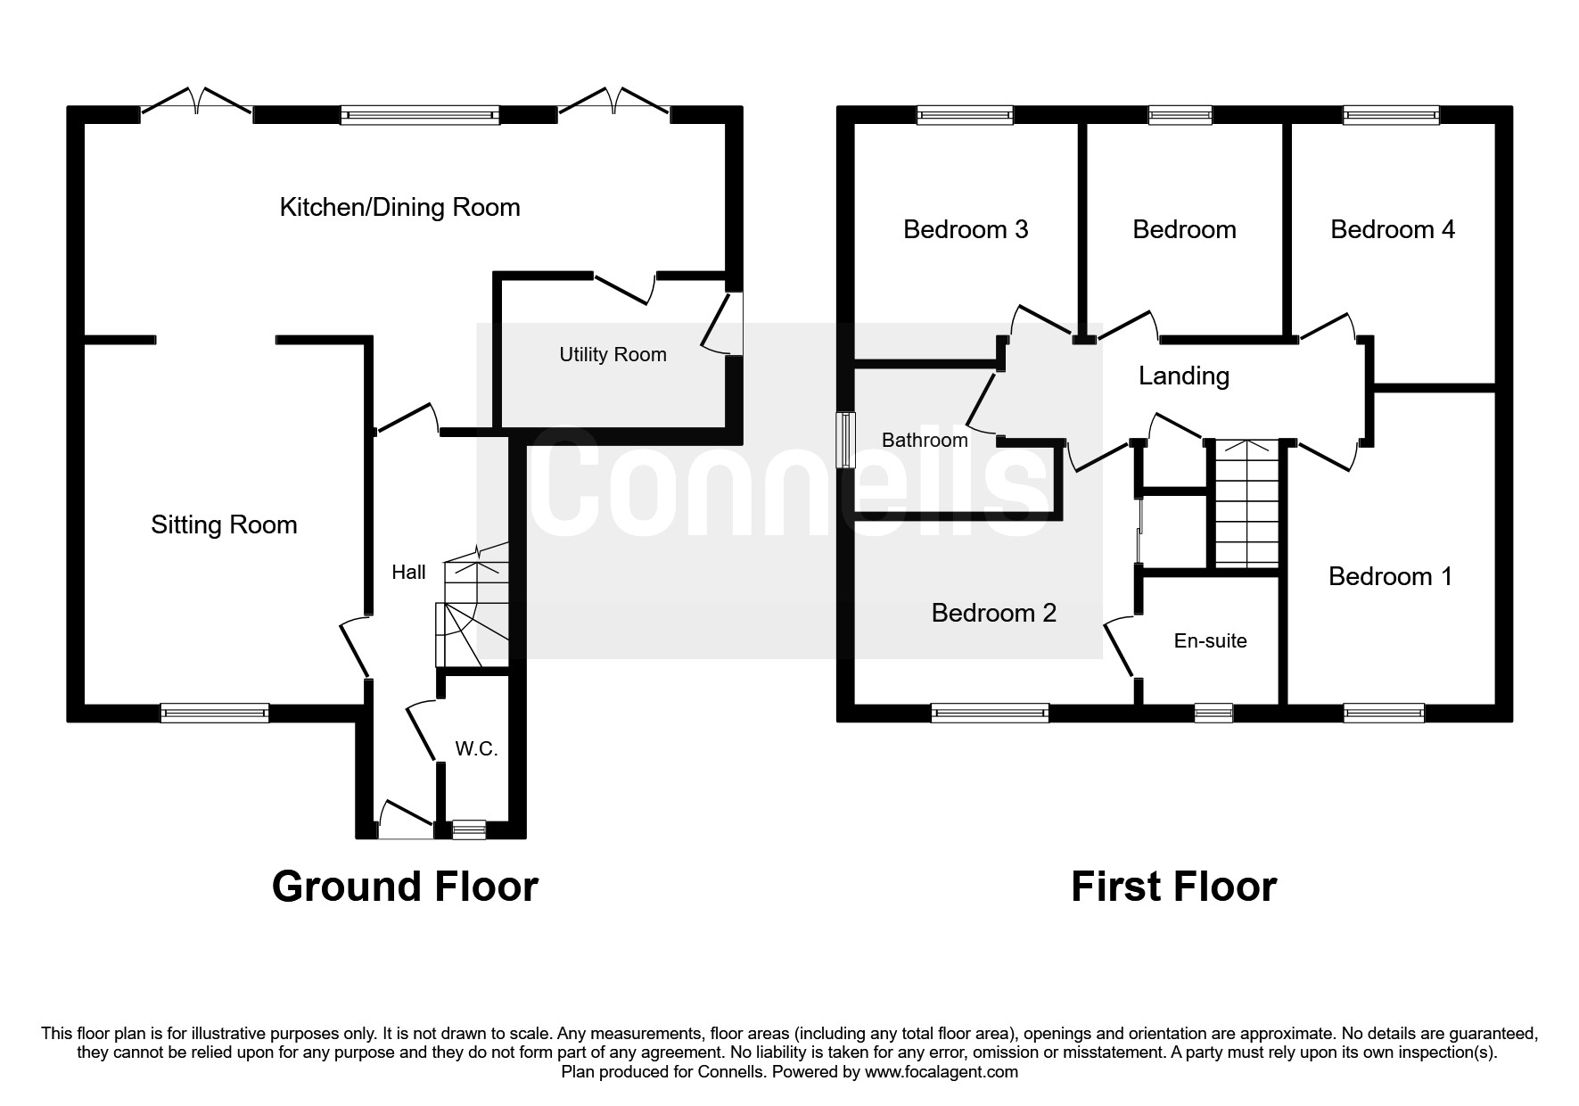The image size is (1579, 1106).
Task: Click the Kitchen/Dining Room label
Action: coord(399,208)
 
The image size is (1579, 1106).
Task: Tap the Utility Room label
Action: coord(613,355)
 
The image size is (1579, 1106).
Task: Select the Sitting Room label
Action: coord(224,524)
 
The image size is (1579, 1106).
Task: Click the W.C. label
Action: coord(476,749)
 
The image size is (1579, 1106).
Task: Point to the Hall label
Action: coord(408,573)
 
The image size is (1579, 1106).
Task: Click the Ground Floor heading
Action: coord(405,887)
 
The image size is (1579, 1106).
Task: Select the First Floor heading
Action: coord(1173,887)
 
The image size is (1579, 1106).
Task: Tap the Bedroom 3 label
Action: coord(966,230)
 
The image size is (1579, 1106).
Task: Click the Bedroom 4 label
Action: coord(1392,230)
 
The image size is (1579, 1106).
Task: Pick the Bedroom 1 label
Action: coord(1390,576)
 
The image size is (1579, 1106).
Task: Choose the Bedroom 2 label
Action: coord(993,613)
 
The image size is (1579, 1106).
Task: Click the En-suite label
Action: coord(1210,641)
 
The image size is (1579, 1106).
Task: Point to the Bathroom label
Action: coord(925,441)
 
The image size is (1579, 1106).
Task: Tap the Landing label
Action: coord(1183,376)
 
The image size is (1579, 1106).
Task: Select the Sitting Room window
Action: coord(214,713)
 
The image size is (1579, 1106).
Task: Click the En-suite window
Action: coord(1213,713)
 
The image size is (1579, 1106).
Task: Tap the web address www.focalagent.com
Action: coord(941,1072)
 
